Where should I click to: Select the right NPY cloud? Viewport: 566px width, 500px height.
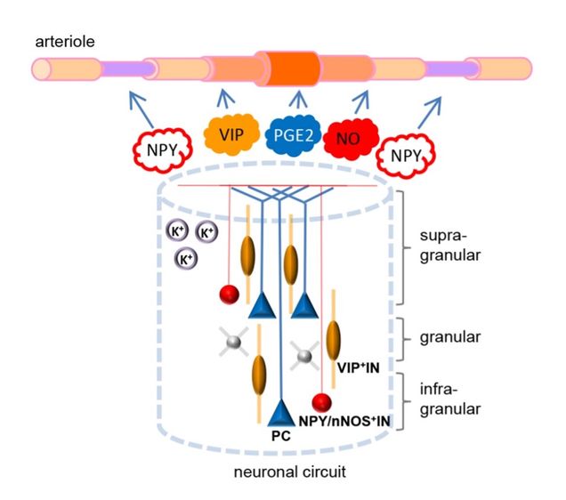coord(405,159)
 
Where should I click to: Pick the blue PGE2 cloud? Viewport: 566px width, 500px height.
coord(296,137)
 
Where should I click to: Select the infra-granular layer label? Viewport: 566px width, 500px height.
coord(451,398)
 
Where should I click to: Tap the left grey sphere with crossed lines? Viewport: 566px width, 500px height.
coord(234,340)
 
